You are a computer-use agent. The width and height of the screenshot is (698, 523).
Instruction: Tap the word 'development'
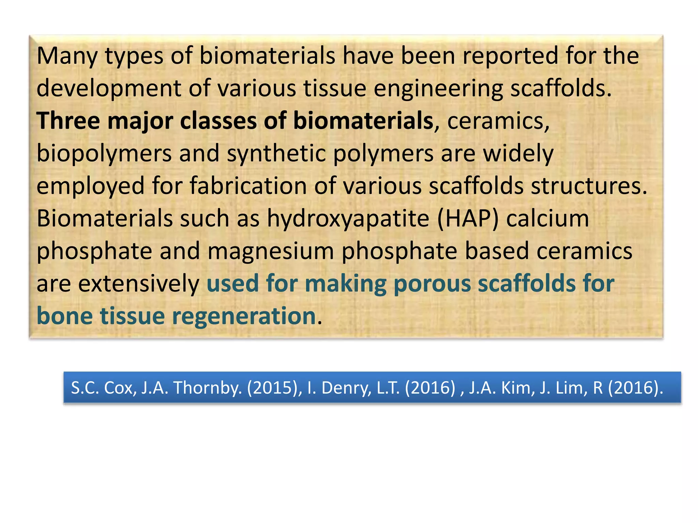coord(109,89)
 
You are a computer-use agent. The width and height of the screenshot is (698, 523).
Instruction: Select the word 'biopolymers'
coord(104,154)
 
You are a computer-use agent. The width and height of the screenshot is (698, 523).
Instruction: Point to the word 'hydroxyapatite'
coord(348,219)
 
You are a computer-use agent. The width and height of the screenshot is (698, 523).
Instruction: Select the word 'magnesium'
coord(271,251)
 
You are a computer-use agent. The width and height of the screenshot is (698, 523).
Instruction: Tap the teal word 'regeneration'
coord(244,316)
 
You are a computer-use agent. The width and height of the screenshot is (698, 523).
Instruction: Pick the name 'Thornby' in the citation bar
coord(208,388)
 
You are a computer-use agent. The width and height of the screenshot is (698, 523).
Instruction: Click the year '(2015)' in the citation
coord(274,388)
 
